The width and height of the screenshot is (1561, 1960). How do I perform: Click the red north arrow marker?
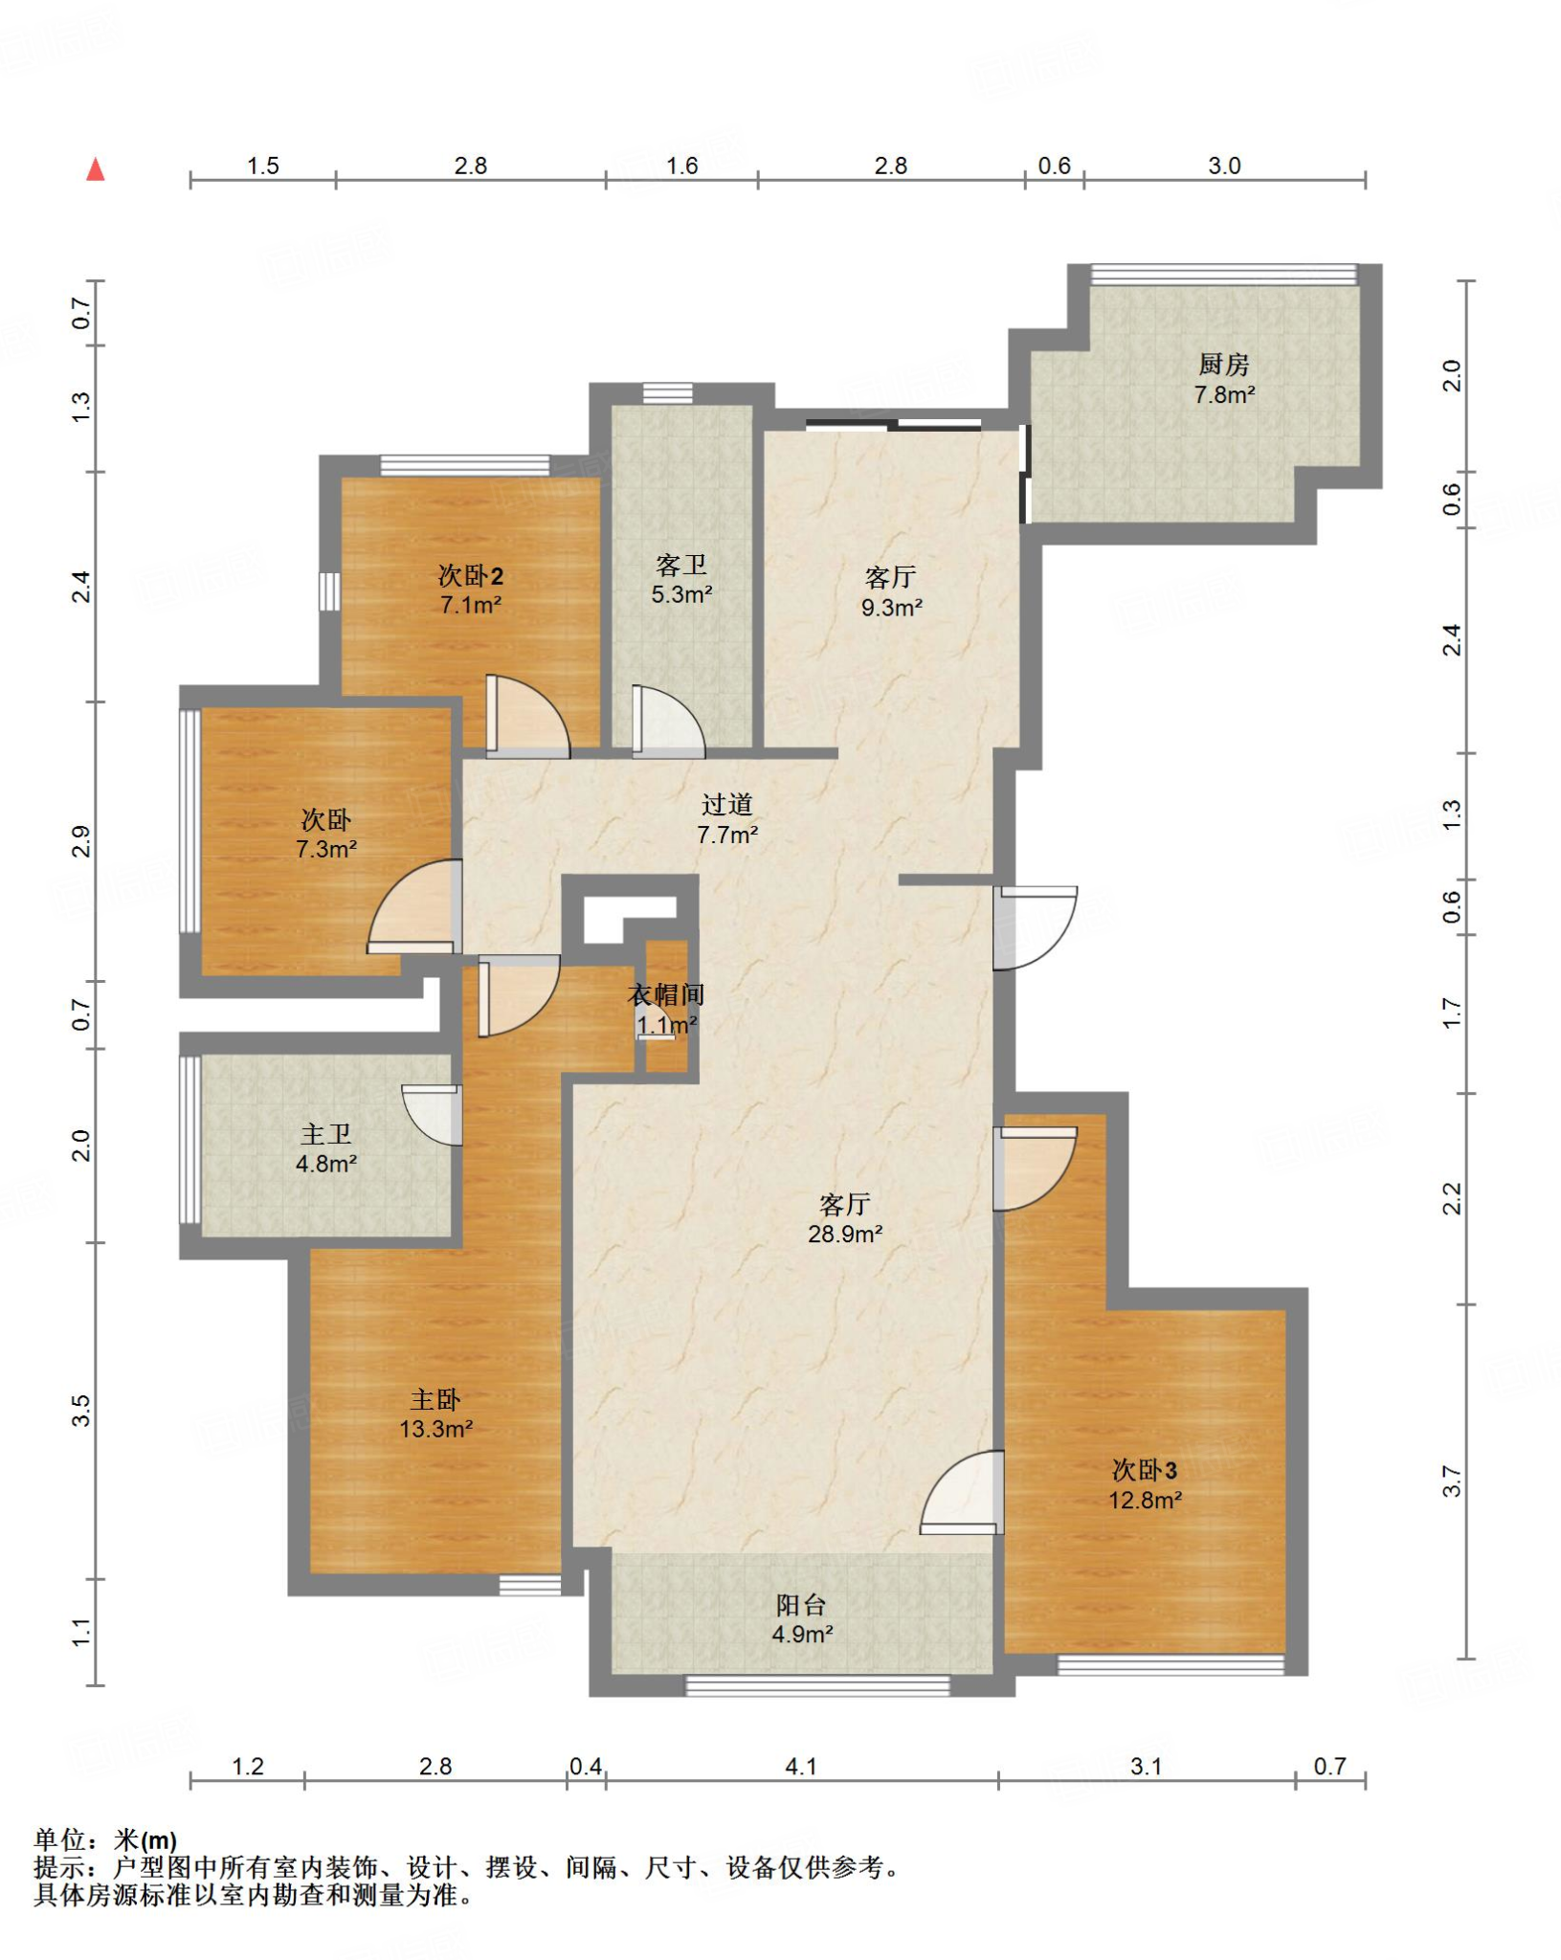(95, 169)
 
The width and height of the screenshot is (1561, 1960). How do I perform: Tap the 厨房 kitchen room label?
(1223, 365)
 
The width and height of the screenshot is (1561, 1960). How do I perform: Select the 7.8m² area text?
(1224, 394)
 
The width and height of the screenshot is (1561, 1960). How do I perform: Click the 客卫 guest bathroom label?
(681, 565)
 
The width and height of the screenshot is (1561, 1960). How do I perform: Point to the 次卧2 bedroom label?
(470, 575)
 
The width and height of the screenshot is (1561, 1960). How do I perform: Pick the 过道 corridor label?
(727, 805)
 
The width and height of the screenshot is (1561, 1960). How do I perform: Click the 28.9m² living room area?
(844, 1235)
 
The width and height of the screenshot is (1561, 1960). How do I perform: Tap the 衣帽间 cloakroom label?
(666, 995)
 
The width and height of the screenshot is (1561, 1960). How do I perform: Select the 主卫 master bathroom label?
(326, 1134)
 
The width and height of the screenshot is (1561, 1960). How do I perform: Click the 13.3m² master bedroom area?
(436, 1429)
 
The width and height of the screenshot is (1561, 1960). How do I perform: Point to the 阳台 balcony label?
(801, 1605)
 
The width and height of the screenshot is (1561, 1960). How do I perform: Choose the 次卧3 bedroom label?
(1145, 1470)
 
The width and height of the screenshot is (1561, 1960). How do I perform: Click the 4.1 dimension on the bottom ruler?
(801, 1766)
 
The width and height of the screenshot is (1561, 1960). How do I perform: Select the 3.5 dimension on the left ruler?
(81, 1411)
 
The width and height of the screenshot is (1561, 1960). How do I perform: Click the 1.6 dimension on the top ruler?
(681, 166)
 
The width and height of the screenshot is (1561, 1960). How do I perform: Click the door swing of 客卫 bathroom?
(669, 722)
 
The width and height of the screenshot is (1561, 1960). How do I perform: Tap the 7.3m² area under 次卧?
(326, 849)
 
